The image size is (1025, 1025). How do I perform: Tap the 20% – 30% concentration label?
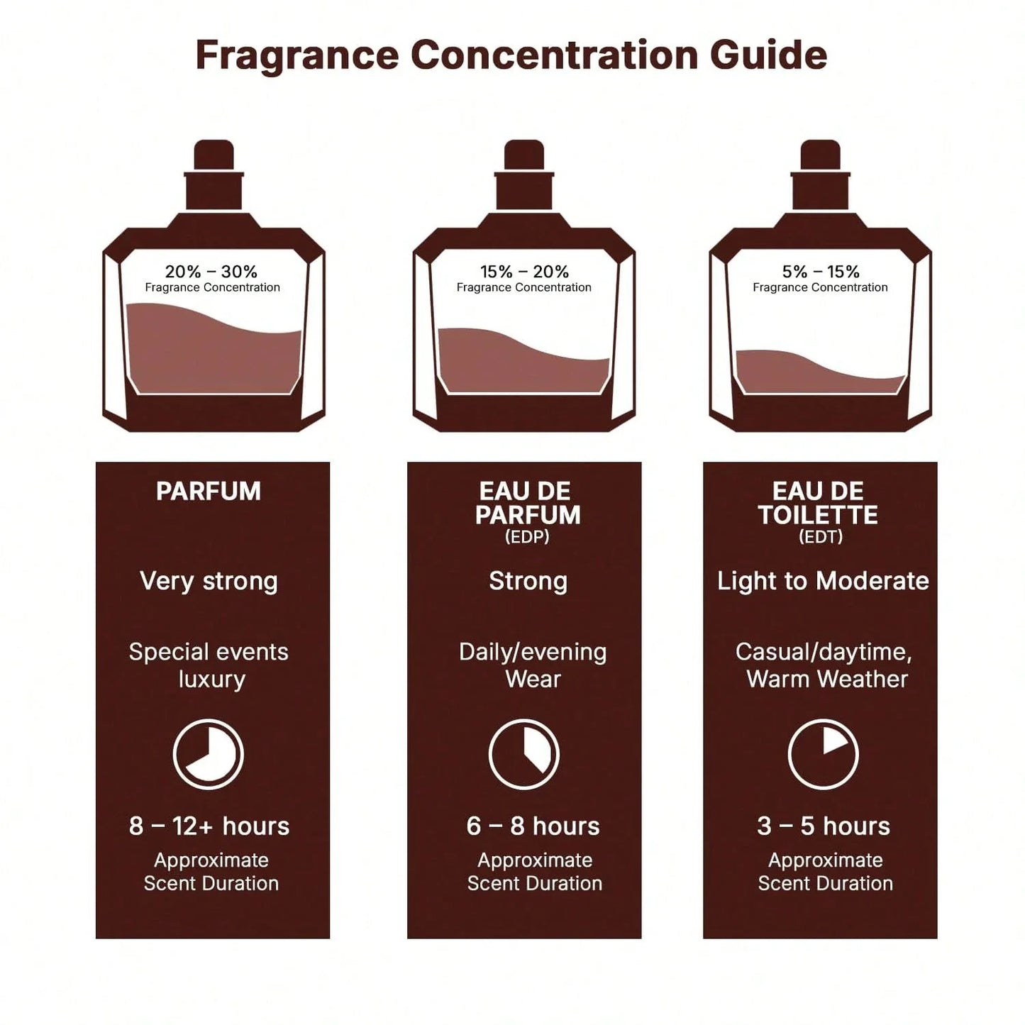(x=211, y=272)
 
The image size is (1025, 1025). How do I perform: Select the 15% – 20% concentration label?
(x=524, y=272)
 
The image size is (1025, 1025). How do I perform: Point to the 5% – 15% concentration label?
(x=821, y=272)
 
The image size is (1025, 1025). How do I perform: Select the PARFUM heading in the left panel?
(x=209, y=492)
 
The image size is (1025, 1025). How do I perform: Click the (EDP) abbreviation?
(x=527, y=537)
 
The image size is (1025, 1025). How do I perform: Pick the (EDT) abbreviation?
(x=821, y=537)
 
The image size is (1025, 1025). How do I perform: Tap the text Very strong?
(x=209, y=581)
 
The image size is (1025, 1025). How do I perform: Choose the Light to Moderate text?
(x=823, y=581)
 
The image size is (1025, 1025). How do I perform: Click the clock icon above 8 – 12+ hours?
(x=209, y=754)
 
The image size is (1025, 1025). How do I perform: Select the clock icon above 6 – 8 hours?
(x=524, y=754)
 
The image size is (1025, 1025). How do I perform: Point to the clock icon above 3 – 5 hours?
(x=823, y=754)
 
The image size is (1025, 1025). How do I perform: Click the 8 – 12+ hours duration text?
(x=209, y=826)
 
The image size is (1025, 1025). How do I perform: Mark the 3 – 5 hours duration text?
(x=823, y=826)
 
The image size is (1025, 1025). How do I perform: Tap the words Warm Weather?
(x=827, y=680)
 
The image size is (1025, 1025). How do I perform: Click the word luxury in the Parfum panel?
(x=211, y=680)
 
